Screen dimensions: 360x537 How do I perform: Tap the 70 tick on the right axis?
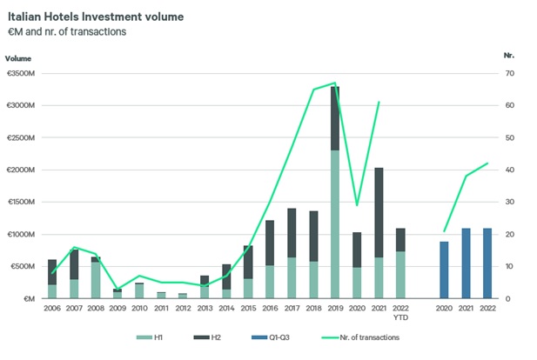(x=509, y=74)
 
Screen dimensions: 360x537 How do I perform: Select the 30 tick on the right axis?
(x=509, y=203)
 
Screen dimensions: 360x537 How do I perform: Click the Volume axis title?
(x=18, y=58)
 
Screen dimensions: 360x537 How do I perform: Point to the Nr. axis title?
(x=509, y=55)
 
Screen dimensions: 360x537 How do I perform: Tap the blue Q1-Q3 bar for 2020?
(x=445, y=270)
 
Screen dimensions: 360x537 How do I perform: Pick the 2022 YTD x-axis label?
(x=400, y=311)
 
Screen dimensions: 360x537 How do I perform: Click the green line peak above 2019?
(x=333, y=83)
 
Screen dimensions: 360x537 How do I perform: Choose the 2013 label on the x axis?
(x=204, y=308)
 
